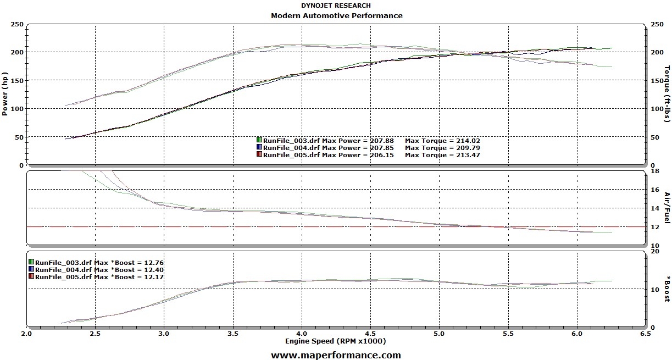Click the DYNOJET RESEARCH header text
[336, 5]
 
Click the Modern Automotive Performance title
[336, 15]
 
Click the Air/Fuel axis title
[667, 208]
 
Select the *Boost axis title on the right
[667, 289]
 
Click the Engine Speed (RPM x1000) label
[336, 341]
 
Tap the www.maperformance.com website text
[336, 355]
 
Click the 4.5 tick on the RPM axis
[370, 334]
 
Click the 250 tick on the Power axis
[17, 24]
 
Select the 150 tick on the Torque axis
[656, 81]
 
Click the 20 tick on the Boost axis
[654, 251]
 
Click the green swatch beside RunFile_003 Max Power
[259, 140]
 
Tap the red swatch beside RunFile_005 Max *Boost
[31, 276]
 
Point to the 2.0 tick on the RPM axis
[26, 334]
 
